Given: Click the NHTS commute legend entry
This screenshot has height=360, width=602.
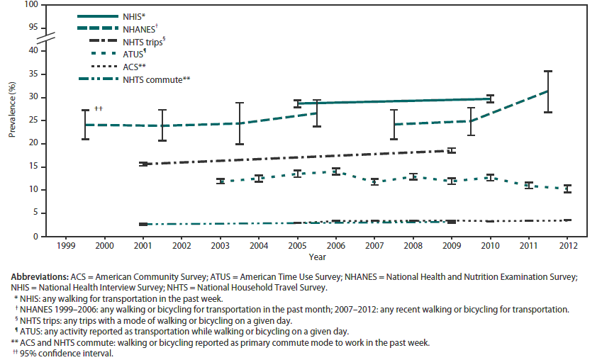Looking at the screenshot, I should pos(157,79).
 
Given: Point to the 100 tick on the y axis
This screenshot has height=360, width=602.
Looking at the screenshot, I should pos(29,5).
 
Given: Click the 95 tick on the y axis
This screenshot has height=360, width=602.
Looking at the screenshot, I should pos(31,27).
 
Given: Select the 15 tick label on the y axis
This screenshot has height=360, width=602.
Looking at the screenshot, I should pos(31,167).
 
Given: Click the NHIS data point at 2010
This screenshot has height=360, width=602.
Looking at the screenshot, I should pos(489,99).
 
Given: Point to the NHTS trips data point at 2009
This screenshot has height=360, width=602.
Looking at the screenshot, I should pos(451,150).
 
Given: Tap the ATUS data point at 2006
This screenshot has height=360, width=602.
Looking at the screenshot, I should pos(335,171).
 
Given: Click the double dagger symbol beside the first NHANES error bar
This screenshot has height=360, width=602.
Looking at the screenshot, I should pos(99,108).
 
